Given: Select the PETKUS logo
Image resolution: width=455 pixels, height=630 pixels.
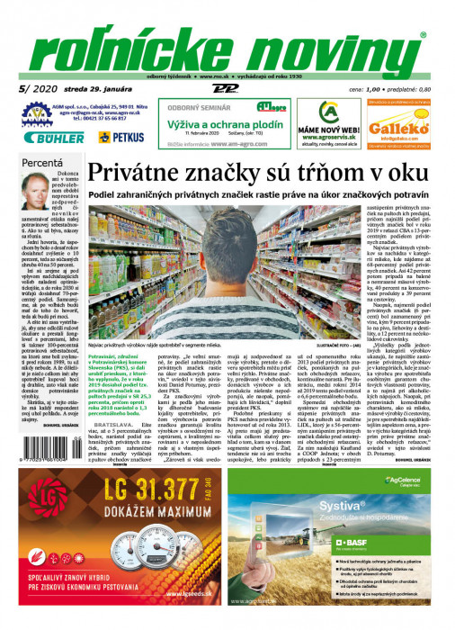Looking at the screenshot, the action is click(x=122, y=138).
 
